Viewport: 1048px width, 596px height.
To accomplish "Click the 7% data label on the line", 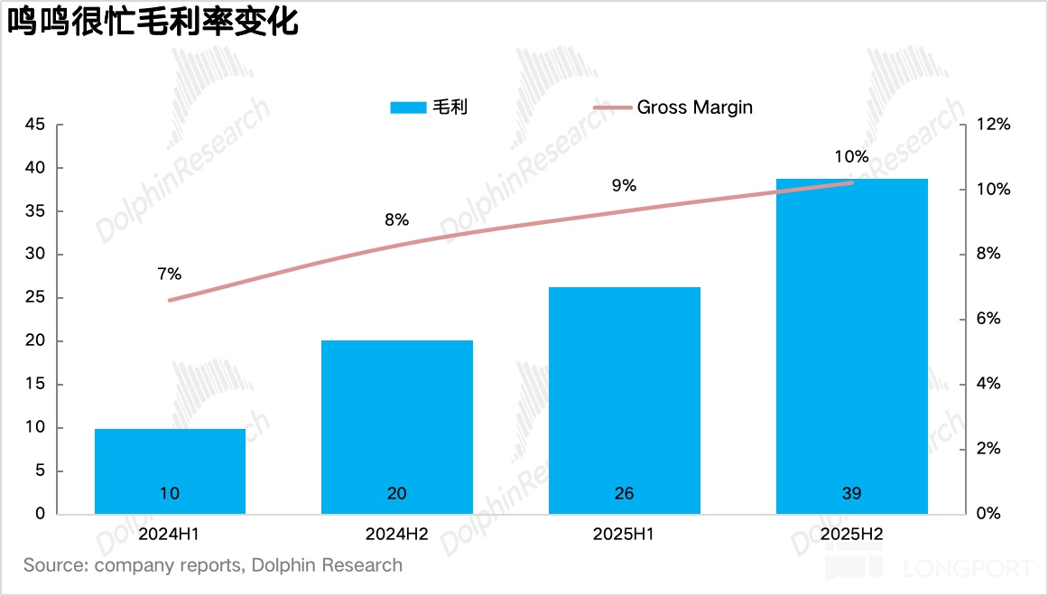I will pyautogui.click(x=169, y=274).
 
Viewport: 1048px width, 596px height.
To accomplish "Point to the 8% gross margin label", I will pyautogui.click(x=396, y=219).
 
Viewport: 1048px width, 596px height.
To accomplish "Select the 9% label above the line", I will pyautogui.click(x=624, y=186).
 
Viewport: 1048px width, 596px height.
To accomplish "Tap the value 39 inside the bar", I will pyautogui.click(x=851, y=493).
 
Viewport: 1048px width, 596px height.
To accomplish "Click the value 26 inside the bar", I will pyautogui.click(x=624, y=493).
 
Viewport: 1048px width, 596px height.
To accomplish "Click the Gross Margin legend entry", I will pyautogui.click(x=694, y=107).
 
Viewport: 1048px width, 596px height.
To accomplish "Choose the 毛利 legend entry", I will pyautogui.click(x=450, y=107).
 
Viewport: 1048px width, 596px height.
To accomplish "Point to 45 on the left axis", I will pyautogui.click(x=33, y=125).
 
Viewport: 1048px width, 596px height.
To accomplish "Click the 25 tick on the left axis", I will pyautogui.click(x=33, y=298).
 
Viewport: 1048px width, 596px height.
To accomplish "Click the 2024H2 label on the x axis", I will pyautogui.click(x=397, y=534).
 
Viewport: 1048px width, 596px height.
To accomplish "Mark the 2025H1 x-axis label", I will pyautogui.click(x=624, y=534).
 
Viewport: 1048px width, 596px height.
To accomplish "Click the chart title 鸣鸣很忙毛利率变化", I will pyautogui.click(x=153, y=22).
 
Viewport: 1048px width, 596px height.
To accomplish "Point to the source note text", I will pyautogui.click(x=213, y=565).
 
